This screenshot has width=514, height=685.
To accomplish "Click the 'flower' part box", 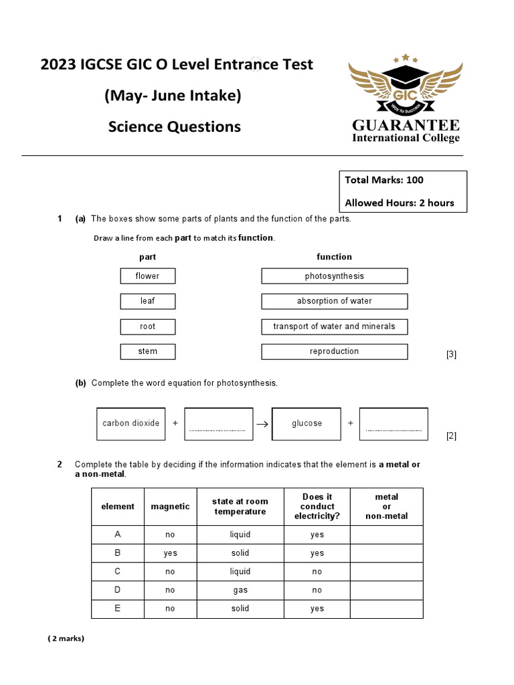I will (x=148, y=276).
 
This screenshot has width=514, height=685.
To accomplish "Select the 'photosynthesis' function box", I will (x=334, y=276).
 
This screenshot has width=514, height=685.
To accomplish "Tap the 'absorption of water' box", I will (x=334, y=301).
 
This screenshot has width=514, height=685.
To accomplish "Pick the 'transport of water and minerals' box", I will (x=334, y=326).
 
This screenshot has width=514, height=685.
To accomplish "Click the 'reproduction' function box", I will (x=334, y=351).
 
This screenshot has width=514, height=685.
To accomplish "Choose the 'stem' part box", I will (x=148, y=351).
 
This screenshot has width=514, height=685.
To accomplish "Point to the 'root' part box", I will (x=148, y=326).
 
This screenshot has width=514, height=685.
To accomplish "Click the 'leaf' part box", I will (x=148, y=301).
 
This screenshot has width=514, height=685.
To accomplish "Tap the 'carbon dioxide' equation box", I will (x=131, y=423).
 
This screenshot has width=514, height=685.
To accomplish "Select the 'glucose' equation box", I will (x=307, y=423).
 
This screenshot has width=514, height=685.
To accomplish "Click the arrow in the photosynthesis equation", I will (x=262, y=424).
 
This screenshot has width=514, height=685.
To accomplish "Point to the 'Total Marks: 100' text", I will (x=384, y=180).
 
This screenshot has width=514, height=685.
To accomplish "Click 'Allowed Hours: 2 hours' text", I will (x=399, y=203).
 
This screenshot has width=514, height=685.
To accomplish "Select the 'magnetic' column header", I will (x=170, y=506).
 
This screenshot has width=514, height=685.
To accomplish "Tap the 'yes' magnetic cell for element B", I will (x=170, y=553).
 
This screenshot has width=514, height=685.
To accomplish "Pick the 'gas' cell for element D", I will (x=240, y=590).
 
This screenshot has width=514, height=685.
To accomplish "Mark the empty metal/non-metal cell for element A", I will (x=386, y=534).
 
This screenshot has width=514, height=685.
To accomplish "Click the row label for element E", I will (x=118, y=609).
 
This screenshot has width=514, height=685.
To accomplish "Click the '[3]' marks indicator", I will (x=451, y=355).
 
